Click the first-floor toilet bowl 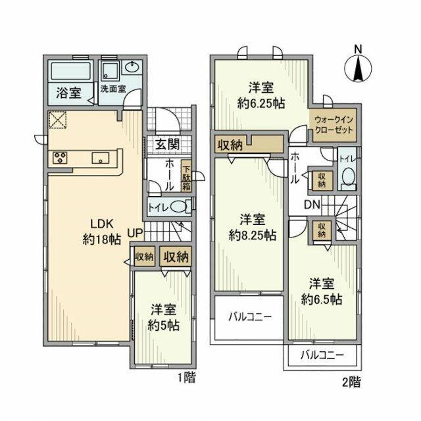click(x=178, y=207)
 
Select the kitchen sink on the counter click(x=101, y=157)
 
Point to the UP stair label click(x=136, y=232)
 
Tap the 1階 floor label click(x=186, y=378)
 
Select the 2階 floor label click(x=351, y=380)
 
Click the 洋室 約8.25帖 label click(x=252, y=226)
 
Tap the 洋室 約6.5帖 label click(x=322, y=291)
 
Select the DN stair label click(x=312, y=205)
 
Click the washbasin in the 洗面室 click(x=132, y=68)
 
